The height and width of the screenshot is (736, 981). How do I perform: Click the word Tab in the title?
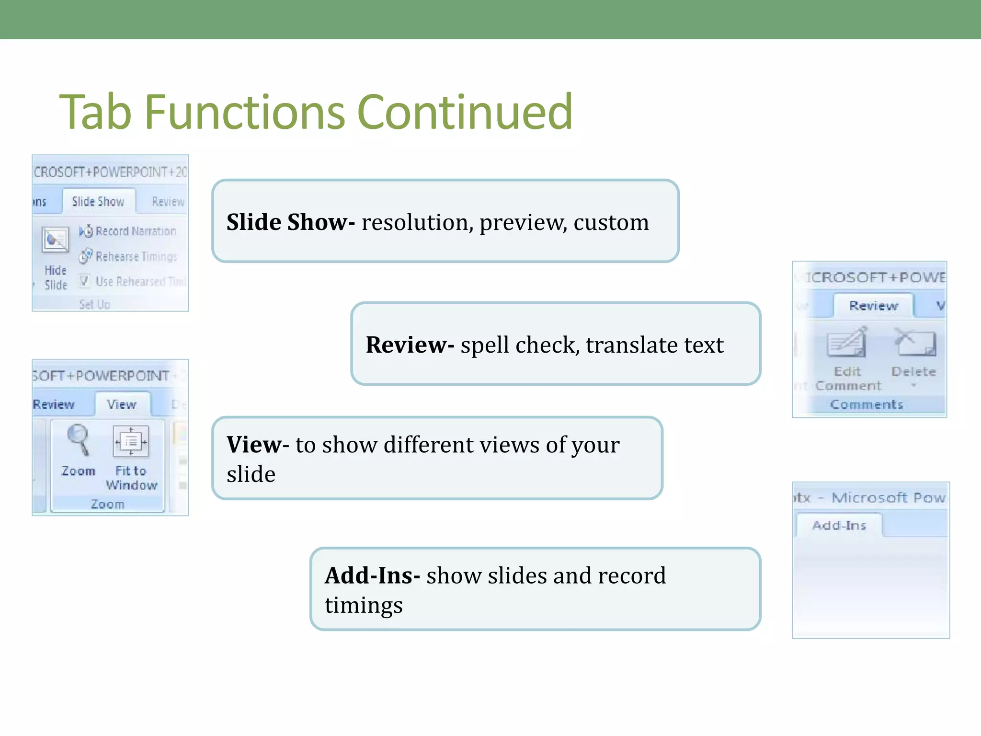point(95,112)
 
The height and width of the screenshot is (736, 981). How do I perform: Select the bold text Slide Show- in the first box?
point(290,222)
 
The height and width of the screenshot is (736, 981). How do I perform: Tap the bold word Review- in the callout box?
point(410,345)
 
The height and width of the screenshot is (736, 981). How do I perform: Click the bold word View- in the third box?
point(257,445)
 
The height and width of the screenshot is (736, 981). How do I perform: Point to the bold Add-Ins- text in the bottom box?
point(372,575)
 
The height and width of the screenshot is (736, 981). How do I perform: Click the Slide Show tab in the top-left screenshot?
point(98,202)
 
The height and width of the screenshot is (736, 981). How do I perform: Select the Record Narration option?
point(128,231)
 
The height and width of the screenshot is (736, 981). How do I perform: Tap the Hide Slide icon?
point(56,240)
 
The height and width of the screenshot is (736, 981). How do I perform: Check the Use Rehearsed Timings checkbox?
point(84,281)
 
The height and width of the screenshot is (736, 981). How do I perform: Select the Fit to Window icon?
point(131,441)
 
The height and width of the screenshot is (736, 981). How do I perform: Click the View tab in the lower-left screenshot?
point(122,405)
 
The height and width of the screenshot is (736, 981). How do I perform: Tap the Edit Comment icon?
point(846,343)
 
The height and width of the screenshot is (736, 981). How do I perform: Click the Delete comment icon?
point(913,343)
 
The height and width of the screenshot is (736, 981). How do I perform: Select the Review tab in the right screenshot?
point(873,306)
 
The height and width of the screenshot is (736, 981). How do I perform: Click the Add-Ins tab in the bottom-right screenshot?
point(839,526)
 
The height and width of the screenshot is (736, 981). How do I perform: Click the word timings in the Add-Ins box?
point(364,605)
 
